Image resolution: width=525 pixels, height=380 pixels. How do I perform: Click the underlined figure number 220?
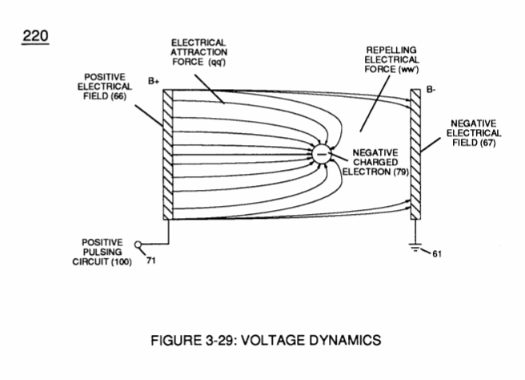coord(35,36)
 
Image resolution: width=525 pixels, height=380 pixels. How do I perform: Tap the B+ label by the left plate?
coord(154,82)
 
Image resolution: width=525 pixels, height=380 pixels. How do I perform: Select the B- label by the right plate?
coord(431,90)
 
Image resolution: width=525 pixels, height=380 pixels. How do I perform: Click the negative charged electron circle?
coord(322,154)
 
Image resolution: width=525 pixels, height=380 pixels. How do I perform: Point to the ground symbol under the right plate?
coord(415,249)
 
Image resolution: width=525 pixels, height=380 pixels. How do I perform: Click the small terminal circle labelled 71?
coord(138,245)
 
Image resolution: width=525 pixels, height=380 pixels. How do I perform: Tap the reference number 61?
coord(437,254)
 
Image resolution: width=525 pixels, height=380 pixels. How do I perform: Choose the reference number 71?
coord(151,261)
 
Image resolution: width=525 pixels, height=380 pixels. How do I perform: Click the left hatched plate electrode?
coord(168,155)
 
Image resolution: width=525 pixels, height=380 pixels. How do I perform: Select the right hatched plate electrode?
coord(415,154)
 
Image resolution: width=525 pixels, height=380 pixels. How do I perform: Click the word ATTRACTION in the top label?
coord(199,52)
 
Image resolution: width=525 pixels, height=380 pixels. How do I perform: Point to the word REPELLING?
coord(391,51)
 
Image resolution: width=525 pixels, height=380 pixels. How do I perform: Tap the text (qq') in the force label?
coord(217,63)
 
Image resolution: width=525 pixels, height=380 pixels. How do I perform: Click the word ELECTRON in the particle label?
coord(367,172)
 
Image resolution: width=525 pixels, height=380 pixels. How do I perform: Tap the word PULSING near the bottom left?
coord(102,253)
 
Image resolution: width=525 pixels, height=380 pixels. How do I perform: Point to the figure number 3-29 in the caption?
coord(218,341)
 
